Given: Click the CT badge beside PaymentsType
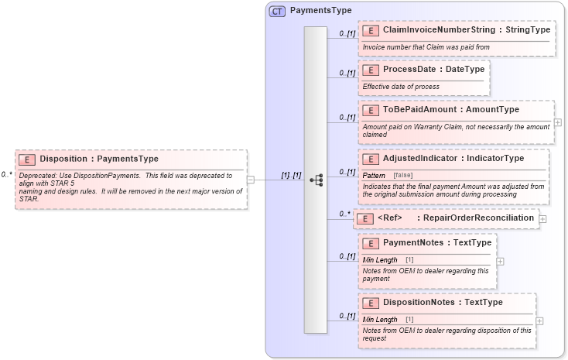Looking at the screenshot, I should [x=277, y=11].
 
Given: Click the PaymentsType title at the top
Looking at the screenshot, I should [x=320, y=11].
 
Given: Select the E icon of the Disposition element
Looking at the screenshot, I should [x=27, y=159].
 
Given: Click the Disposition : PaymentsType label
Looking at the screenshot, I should [x=98, y=159].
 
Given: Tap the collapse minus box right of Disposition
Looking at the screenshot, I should [x=251, y=180].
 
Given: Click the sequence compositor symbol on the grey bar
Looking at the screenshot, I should [x=316, y=180].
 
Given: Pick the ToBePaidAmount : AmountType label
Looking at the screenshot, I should [x=451, y=110].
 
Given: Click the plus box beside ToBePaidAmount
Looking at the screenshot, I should [x=558, y=122].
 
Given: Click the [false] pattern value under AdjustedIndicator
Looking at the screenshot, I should [x=402, y=176].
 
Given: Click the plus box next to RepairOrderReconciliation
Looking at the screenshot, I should [x=542, y=219].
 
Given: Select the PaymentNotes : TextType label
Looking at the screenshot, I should [x=437, y=243].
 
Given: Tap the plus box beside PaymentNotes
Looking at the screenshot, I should [x=500, y=262].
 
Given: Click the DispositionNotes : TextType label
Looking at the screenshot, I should [x=443, y=303].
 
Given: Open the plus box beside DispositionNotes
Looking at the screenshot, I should [x=539, y=321].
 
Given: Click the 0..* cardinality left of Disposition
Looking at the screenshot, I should [x=6, y=175].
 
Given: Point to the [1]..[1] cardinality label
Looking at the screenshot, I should [x=291, y=176].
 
